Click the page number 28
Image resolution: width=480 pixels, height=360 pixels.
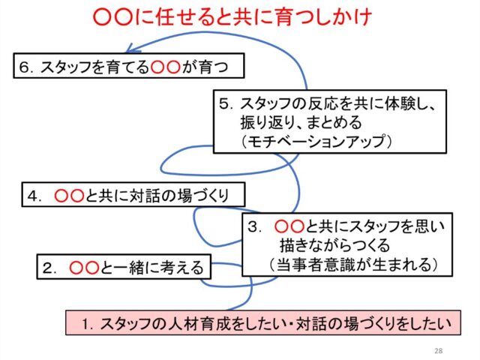[439, 350]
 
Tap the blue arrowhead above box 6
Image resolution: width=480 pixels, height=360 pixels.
[131, 48]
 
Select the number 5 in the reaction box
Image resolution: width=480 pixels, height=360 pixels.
[223, 104]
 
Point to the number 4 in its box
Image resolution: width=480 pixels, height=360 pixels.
[32, 196]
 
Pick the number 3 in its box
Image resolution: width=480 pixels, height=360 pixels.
[253, 227]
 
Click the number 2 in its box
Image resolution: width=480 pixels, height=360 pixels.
[47, 268]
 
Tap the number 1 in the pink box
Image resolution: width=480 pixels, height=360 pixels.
[87, 324]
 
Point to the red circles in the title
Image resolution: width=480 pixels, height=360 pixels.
[112, 17]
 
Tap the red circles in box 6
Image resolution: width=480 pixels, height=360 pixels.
[165, 67]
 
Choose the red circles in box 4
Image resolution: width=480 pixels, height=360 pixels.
[69, 196]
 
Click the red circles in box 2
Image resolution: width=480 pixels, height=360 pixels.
[84, 268]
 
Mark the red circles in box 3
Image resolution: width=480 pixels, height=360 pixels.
[289, 226]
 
